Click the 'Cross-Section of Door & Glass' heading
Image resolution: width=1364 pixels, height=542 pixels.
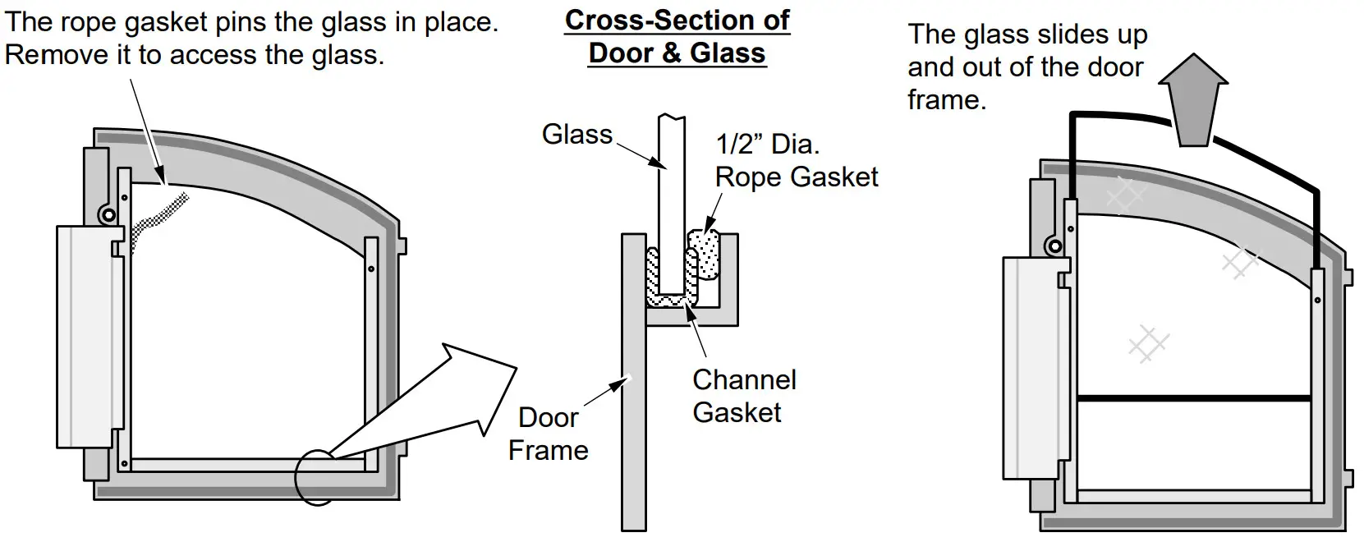[x=677, y=36]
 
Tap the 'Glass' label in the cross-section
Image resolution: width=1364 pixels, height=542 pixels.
[x=576, y=135]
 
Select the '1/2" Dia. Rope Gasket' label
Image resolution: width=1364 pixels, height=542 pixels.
[x=796, y=161]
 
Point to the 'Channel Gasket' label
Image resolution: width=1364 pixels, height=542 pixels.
[x=744, y=396]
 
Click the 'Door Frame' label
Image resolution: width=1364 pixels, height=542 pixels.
[x=549, y=434]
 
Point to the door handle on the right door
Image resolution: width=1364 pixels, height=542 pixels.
[x=1031, y=368]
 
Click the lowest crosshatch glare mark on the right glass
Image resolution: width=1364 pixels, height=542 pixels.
[x=1148, y=343]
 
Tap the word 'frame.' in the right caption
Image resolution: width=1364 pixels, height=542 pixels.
[x=946, y=100]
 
